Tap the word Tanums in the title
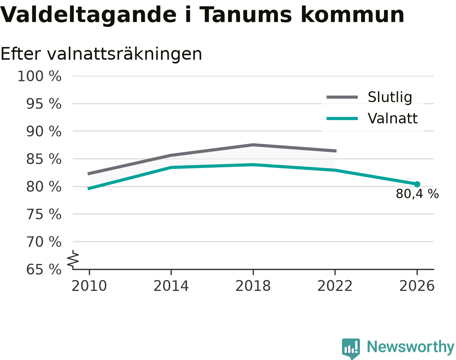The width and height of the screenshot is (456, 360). (246, 15)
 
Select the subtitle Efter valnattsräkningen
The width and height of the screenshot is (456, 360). (101, 54)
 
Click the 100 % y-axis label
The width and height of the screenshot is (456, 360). (39, 76)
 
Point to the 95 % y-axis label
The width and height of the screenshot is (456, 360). (43, 104)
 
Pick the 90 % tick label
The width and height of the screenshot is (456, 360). (43, 131)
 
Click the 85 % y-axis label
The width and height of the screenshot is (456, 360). (43, 159)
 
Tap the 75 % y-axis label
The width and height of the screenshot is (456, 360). (43, 214)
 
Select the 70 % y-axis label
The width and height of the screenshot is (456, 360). (43, 242)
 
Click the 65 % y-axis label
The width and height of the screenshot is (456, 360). (43, 270)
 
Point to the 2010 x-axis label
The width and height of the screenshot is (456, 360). (89, 286)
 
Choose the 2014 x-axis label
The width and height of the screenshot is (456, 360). (171, 286)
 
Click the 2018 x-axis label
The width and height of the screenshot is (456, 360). (253, 286)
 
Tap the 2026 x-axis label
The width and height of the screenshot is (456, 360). (417, 286)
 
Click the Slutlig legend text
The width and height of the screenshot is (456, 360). (390, 97)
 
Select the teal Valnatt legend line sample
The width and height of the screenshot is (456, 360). (342, 118)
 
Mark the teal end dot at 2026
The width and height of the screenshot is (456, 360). (417, 184)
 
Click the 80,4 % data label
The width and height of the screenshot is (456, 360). (417, 193)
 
